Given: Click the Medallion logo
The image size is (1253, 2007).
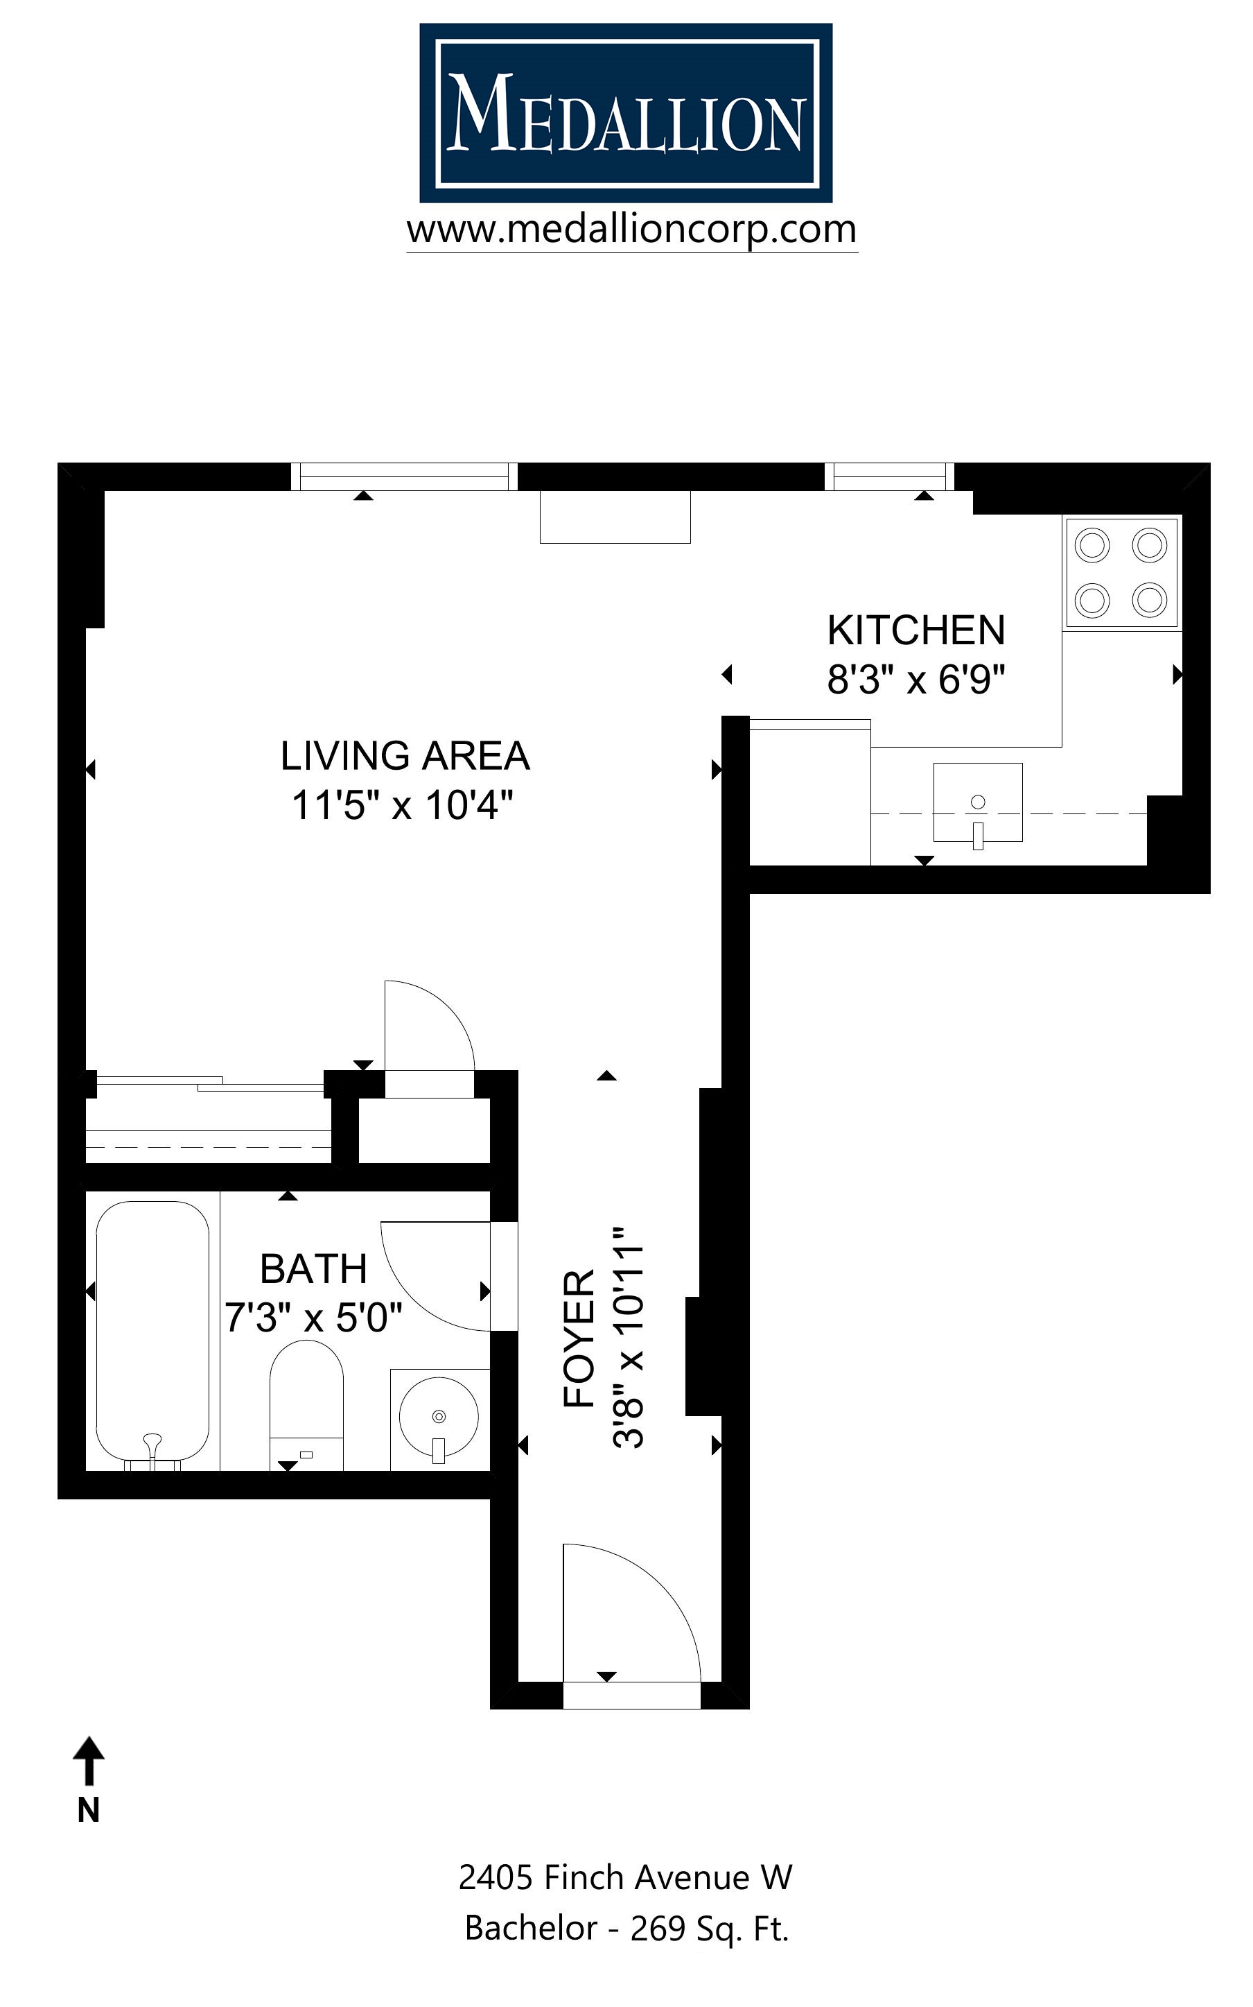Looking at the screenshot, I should [x=626, y=113].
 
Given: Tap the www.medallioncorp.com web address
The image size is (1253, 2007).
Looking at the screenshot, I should [x=631, y=230].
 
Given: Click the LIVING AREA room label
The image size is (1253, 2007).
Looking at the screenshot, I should [x=405, y=756].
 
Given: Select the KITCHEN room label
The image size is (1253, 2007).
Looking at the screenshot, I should [x=915, y=631].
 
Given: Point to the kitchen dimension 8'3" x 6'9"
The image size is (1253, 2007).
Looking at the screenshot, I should [x=915, y=680].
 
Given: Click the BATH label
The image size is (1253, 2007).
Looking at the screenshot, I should [x=313, y=1269].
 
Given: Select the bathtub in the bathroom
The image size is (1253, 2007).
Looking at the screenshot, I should [x=152, y=1332].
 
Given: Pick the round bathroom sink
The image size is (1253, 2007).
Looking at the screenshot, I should [x=439, y=1417].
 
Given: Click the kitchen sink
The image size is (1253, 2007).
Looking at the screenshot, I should [x=978, y=802].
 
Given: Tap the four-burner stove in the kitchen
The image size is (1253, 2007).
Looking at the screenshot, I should [x=1121, y=572].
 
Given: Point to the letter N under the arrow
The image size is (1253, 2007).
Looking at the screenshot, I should [x=89, y=1811].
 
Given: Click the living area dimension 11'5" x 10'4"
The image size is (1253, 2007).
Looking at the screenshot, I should [x=403, y=805].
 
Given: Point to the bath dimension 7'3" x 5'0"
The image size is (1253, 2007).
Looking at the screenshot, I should [x=313, y=1318].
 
